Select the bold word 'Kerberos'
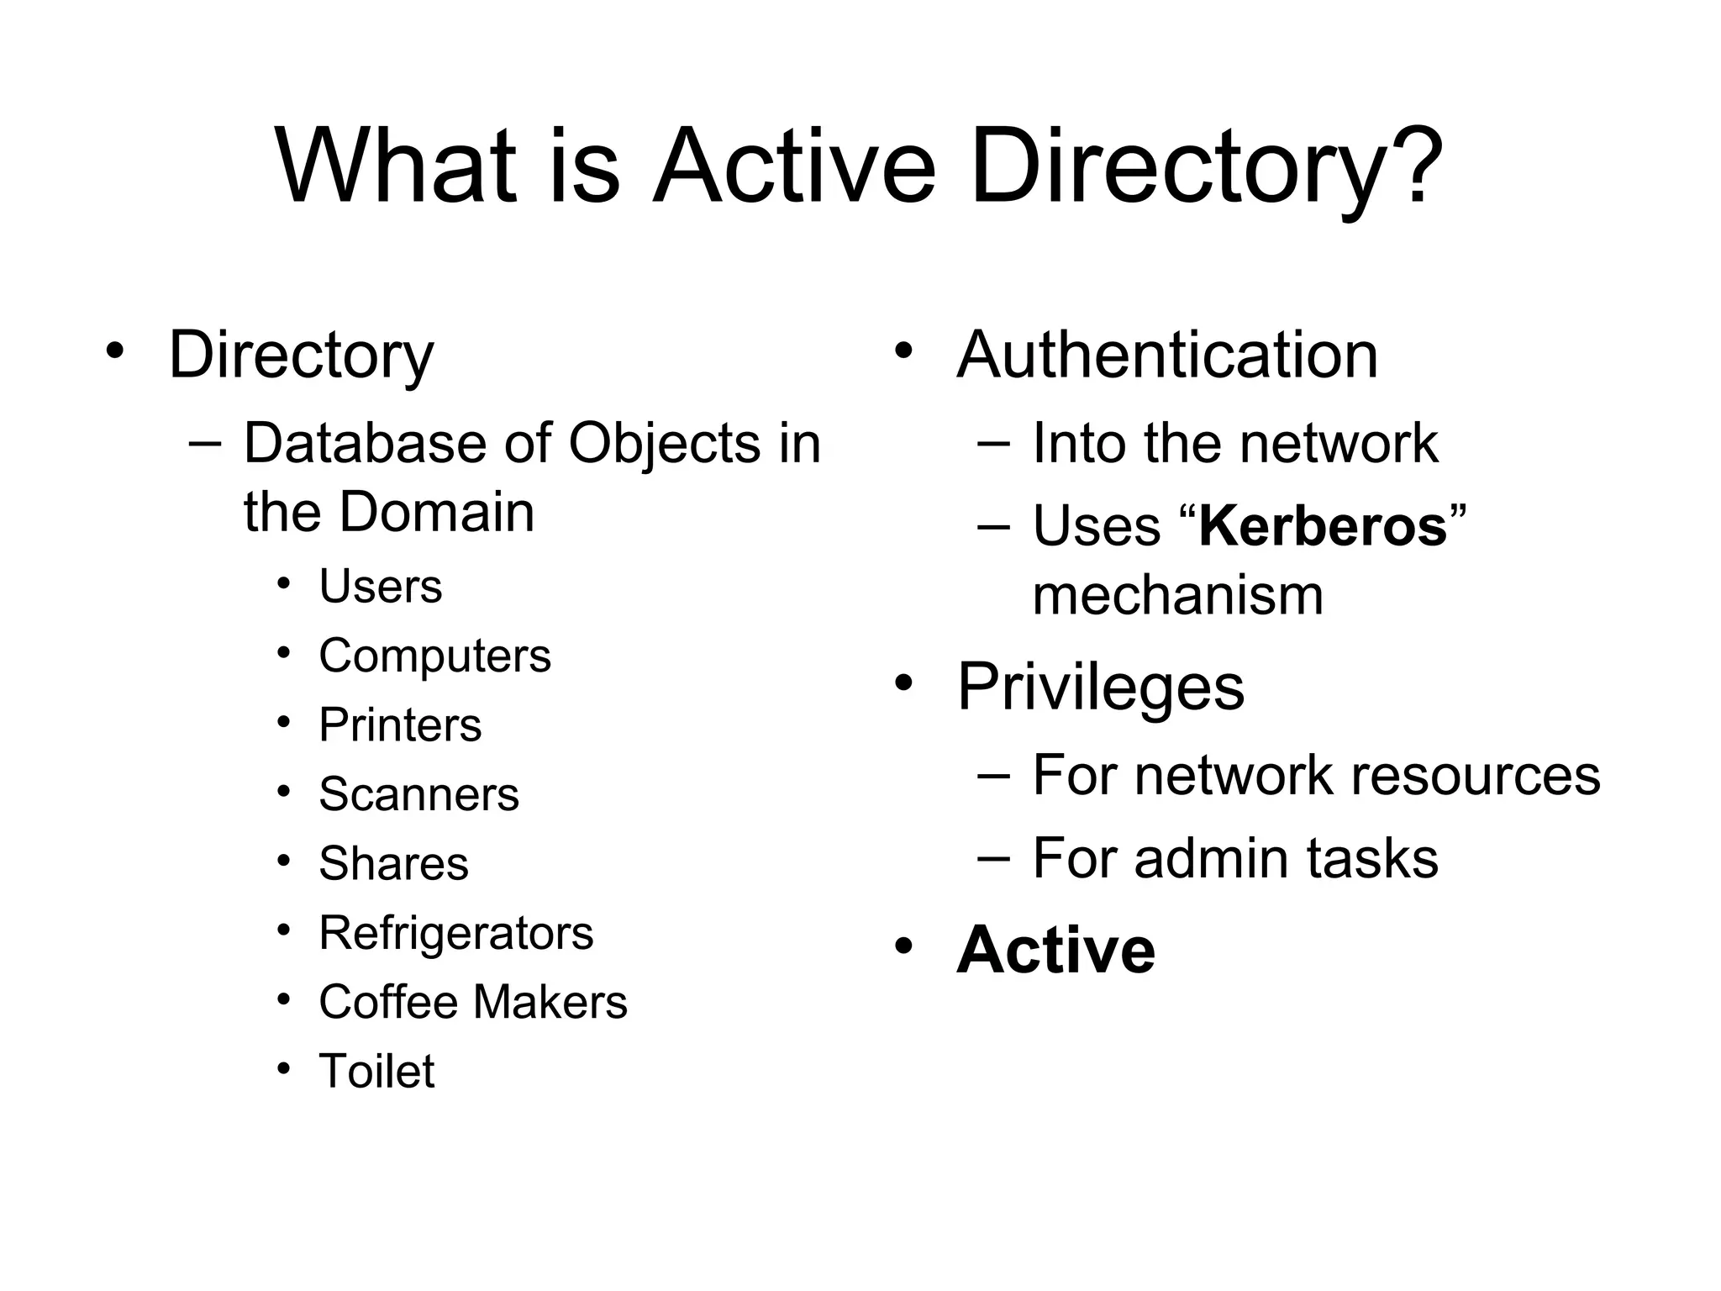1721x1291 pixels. coord(1323,526)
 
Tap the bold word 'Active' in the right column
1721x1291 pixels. coord(1055,950)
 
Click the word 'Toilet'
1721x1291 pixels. coord(376,1071)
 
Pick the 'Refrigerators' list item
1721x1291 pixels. coord(455,932)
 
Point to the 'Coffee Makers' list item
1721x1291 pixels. coord(472,1002)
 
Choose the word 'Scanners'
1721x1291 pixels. coord(418,794)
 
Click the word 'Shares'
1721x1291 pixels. coord(393,863)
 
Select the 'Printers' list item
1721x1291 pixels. coord(400,725)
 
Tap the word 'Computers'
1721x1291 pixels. coord(434,656)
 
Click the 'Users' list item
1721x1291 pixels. coord(380,586)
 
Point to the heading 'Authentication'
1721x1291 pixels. coord(1167,355)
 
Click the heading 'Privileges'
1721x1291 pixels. coord(1100,687)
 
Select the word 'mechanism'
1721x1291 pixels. coord(1177,595)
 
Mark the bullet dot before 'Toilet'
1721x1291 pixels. coord(284,1068)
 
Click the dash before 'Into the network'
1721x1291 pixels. coord(993,442)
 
